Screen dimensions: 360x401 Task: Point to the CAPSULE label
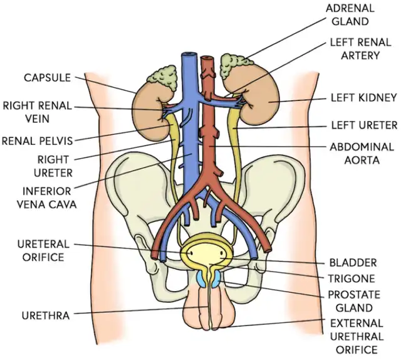tap(48, 78)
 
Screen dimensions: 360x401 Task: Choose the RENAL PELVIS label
tap(37, 140)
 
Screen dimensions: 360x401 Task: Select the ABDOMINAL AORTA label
tap(362, 153)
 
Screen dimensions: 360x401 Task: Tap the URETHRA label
tap(44, 314)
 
